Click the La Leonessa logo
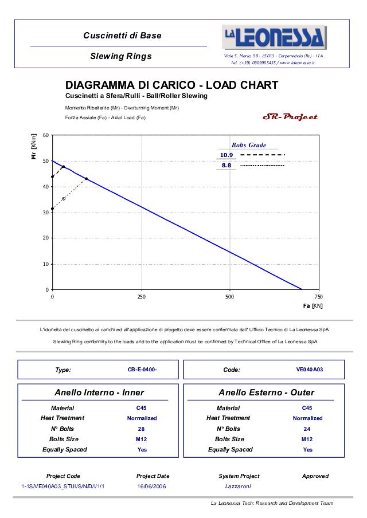(x=274, y=38)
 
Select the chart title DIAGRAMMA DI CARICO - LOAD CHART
(x=171, y=85)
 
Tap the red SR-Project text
(x=290, y=117)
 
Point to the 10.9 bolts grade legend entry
(x=227, y=155)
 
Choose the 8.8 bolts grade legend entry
(x=227, y=165)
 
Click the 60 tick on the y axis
(x=45, y=136)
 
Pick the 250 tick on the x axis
(x=141, y=297)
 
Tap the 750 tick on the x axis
(x=318, y=297)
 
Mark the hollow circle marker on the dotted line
(x=64, y=199)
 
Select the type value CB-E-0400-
(x=142, y=370)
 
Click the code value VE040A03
(x=309, y=370)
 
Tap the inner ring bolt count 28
(x=142, y=429)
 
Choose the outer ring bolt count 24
(x=307, y=429)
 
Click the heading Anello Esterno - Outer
(x=266, y=393)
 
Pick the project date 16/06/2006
(x=152, y=486)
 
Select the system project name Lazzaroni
(x=238, y=486)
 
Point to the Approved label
(x=315, y=476)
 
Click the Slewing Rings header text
(x=121, y=56)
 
